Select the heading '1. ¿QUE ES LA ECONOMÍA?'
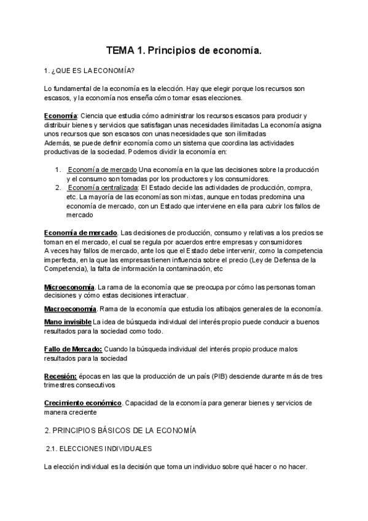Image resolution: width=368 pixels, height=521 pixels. pyautogui.click(x=91, y=71)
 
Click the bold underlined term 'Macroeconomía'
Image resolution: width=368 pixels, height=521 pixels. pyautogui.click(x=70, y=308)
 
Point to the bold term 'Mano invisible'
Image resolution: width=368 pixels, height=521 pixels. pyautogui.click(x=67, y=321)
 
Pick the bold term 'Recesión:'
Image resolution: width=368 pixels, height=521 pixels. pyautogui.click(x=60, y=376)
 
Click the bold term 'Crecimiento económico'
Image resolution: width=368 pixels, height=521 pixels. pyautogui.click(x=83, y=403)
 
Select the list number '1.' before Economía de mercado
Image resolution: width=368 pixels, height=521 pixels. pyautogui.click(x=58, y=170)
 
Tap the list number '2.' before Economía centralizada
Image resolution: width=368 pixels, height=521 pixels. pyautogui.click(x=58, y=187)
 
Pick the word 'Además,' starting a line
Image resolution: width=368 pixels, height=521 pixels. pyautogui.click(x=58, y=143)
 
